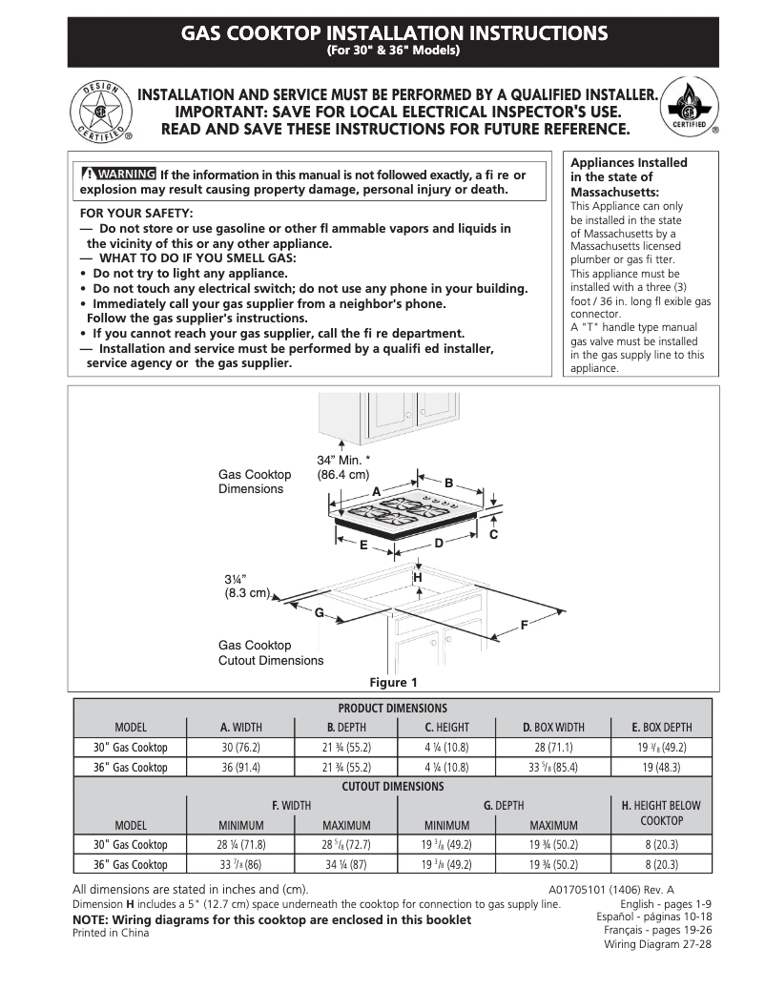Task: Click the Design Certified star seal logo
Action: [x=98, y=113]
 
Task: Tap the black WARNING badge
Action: [x=118, y=175]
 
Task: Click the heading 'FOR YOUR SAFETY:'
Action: [x=135, y=213]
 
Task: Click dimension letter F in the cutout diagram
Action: [x=524, y=625]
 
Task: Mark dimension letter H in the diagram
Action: [x=417, y=578]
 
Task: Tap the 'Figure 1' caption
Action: [x=393, y=682]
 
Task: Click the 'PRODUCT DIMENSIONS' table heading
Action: [x=392, y=708]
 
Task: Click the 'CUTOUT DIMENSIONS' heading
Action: [x=392, y=787]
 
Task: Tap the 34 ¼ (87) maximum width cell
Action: [x=346, y=865]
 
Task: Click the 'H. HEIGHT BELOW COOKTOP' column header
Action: [x=661, y=813]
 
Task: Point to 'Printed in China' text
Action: [x=111, y=934]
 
